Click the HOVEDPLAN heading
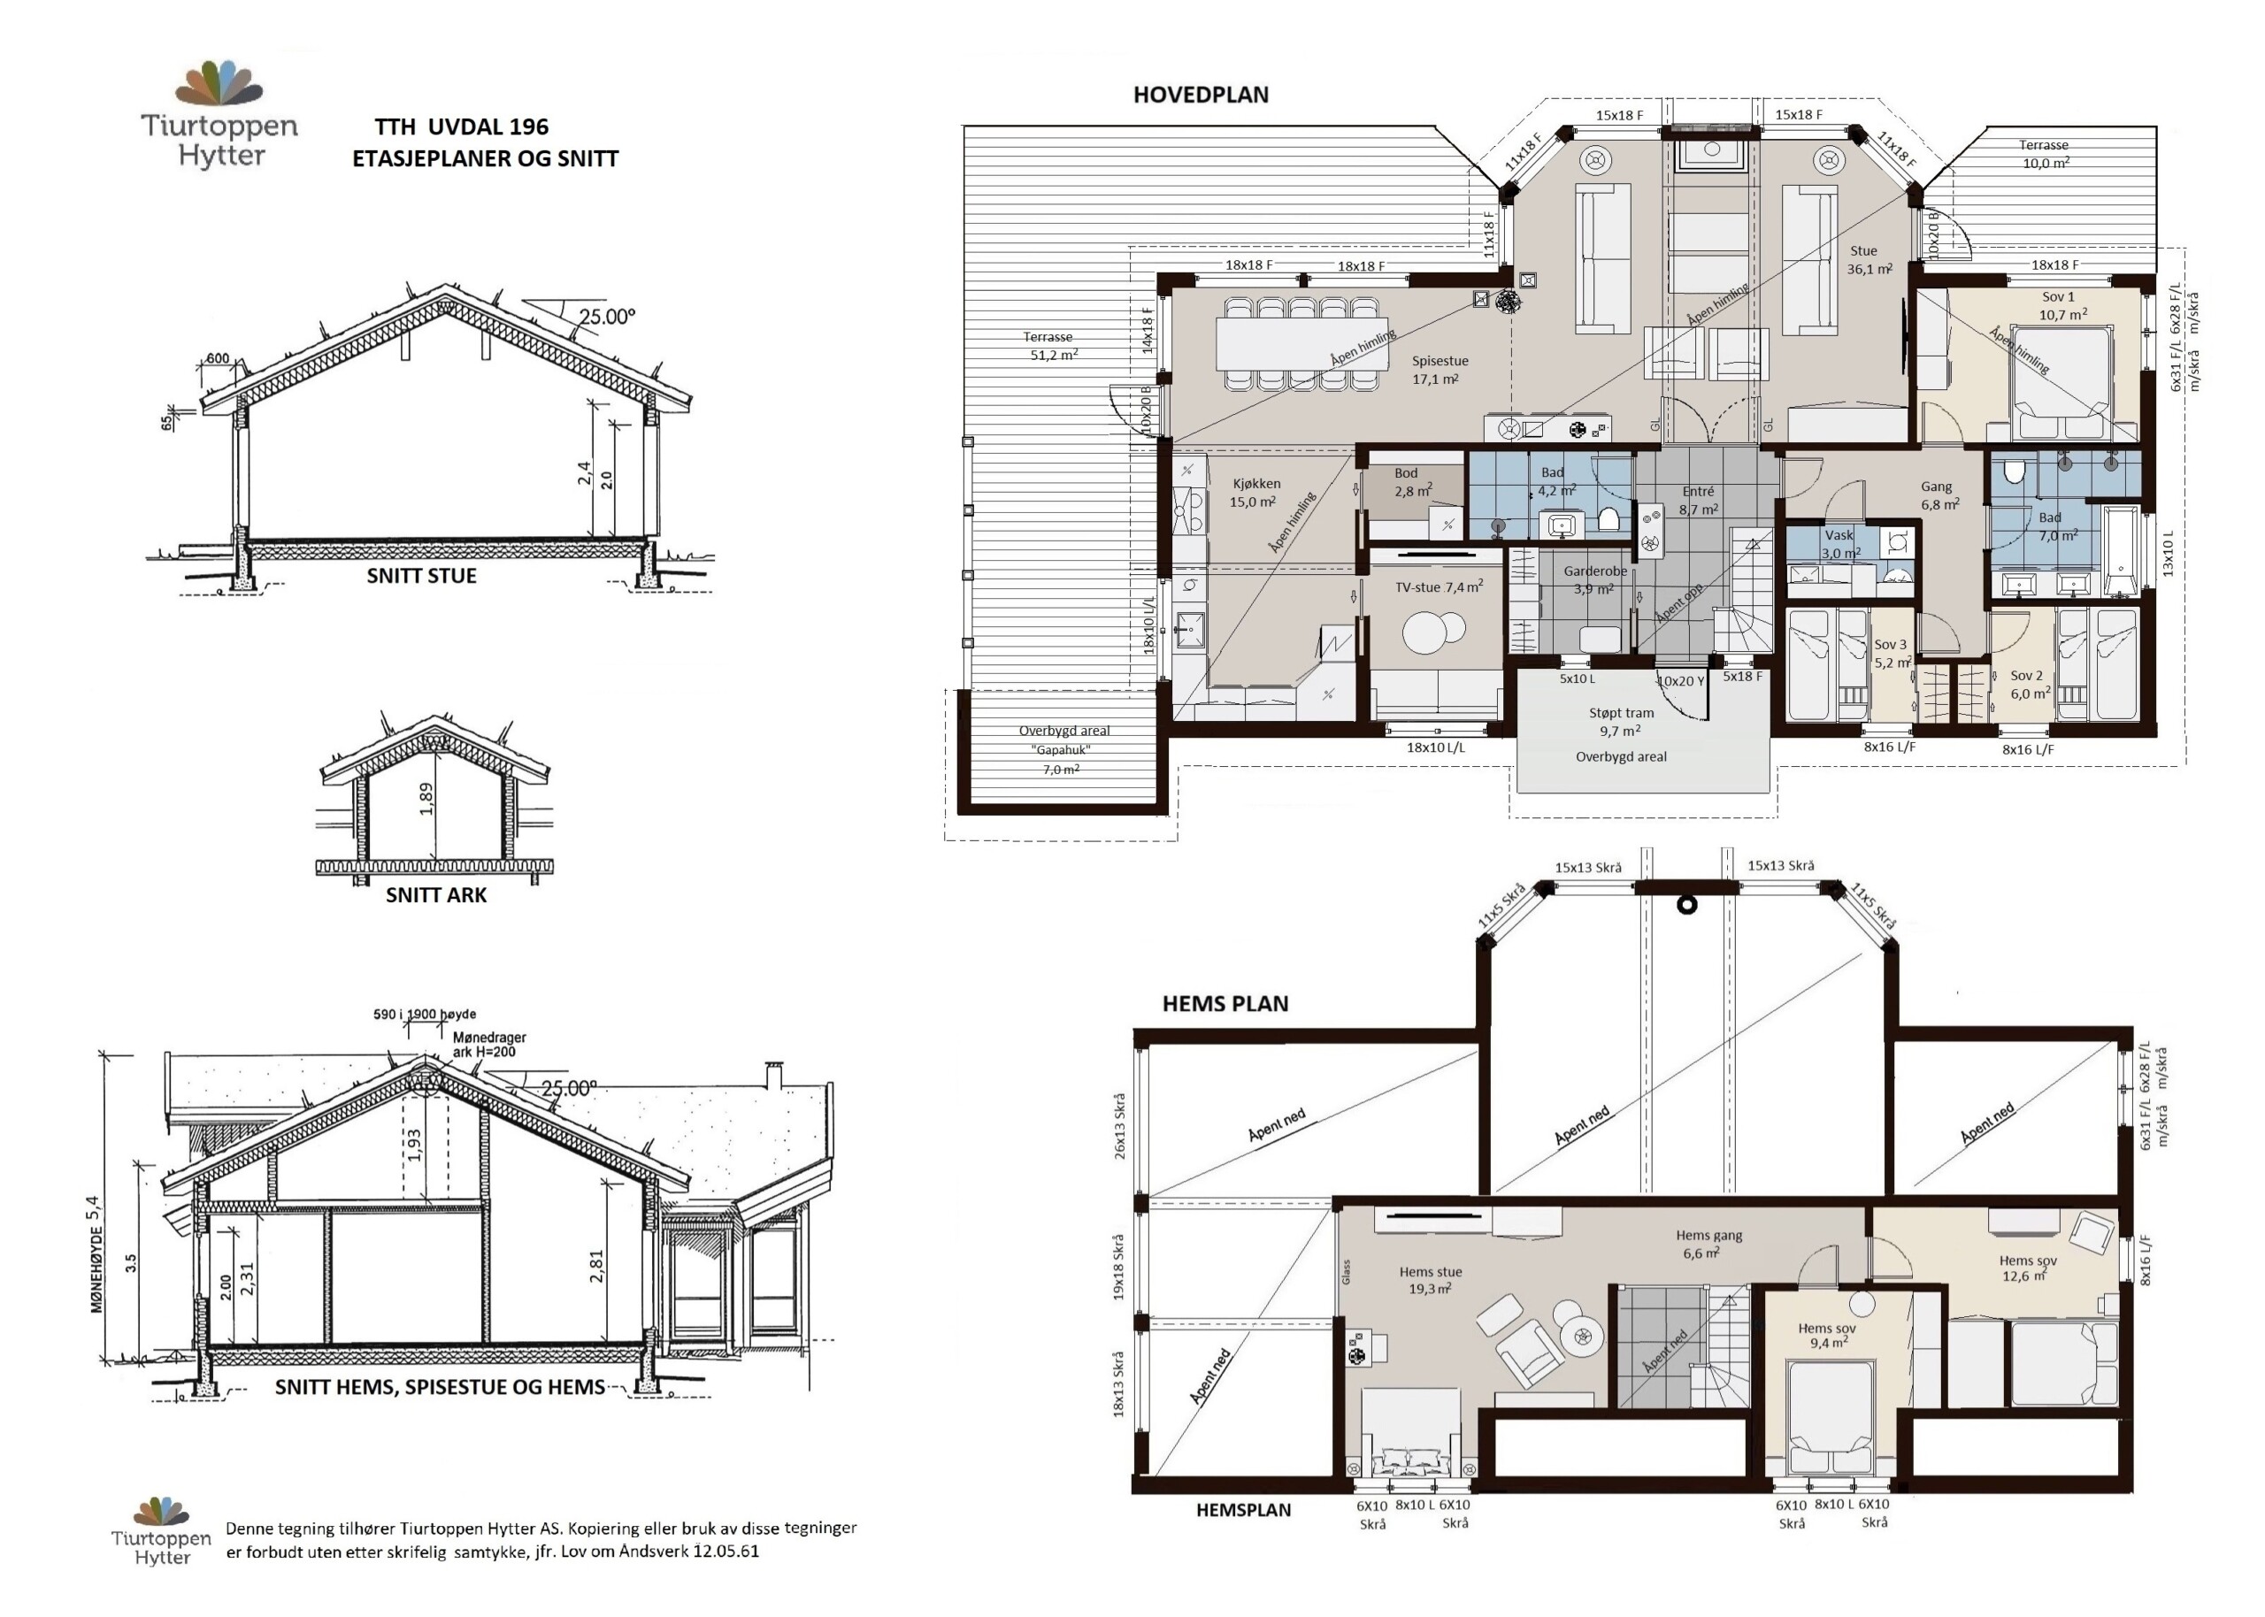[1201, 96]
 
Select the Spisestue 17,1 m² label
[1439, 370]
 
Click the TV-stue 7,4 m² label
[1439, 586]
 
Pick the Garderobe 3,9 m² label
[1595, 579]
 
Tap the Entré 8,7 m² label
[1698, 500]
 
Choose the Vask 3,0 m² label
[1841, 544]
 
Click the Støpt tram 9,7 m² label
[1621, 722]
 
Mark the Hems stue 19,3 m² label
[1431, 1279]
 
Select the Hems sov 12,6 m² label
[2028, 1268]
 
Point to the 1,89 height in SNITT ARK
[427, 799]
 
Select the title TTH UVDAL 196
[461, 126]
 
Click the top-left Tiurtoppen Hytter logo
[220, 113]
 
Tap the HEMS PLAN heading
[1225, 1004]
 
